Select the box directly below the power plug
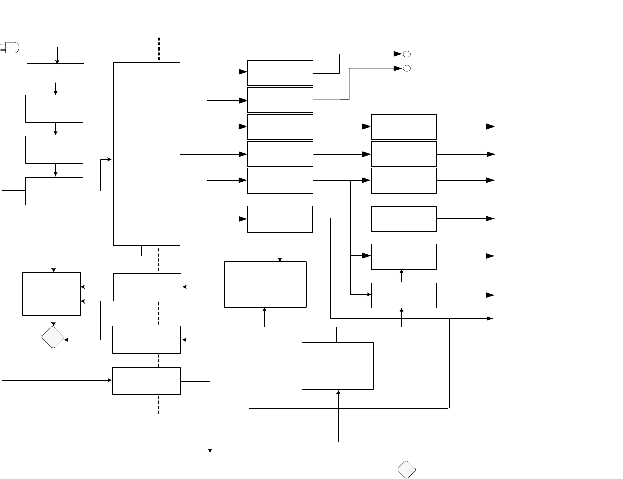point(55,73)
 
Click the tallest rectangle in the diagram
point(146,154)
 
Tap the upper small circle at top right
point(407,54)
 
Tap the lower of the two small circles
point(407,69)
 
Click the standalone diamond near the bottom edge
point(406,470)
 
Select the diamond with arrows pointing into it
point(53,337)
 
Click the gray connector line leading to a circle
point(349,84)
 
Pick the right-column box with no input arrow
point(404,219)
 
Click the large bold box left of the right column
point(265,284)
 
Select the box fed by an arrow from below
point(338,366)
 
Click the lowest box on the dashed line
point(146,381)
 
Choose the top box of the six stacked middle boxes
point(280,73)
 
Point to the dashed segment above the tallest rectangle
point(159,49)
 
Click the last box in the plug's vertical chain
point(54,191)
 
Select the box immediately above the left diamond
point(51,294)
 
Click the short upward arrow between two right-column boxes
point(402,276)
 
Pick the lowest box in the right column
point(404,295)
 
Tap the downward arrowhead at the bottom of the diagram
point(210,450)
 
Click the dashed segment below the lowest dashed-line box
point(158,404)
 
